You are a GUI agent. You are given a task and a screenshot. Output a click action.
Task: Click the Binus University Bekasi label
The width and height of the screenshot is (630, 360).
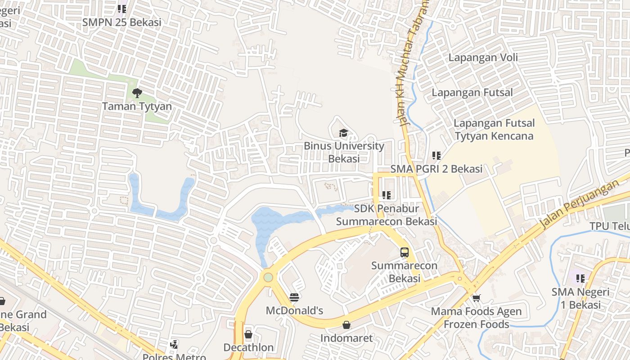coord(344,152)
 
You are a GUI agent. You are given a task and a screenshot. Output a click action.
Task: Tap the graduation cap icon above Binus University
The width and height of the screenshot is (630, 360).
coord(344,133)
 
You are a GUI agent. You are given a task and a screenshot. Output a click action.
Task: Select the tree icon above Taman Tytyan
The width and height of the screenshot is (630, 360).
coord(137,93)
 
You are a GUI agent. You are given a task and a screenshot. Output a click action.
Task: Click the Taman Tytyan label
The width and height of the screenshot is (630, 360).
coord(137,107)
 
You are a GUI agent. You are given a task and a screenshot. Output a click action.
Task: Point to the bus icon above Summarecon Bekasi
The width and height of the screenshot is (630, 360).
coord(405,252)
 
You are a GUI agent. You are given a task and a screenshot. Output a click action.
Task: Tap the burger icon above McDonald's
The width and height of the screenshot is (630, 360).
coord(294,297)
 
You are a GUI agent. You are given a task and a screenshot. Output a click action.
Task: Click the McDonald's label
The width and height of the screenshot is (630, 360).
coord(294,310)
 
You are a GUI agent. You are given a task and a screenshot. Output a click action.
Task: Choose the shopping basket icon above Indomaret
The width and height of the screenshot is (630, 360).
coord(346,325)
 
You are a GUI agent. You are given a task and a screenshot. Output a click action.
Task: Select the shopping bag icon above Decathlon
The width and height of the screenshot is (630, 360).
coord(248,334)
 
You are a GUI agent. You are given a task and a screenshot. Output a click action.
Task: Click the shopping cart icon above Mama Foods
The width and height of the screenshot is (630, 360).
coord(477,298)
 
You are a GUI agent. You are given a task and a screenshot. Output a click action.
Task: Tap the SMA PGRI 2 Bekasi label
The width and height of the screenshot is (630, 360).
coord(436,169)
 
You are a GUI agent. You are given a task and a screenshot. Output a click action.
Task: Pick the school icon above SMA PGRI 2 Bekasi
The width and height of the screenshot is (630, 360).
coord(436,156)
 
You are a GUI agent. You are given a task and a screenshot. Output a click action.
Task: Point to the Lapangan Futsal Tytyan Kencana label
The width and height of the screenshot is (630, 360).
coord(494,130)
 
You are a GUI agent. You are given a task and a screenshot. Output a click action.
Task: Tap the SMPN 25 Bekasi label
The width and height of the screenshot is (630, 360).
coord(121,22)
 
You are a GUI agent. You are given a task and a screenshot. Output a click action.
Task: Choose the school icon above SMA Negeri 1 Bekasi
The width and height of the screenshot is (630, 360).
coord(580,279)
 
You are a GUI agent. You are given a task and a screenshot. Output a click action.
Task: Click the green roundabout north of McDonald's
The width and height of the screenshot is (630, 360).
coord(268,277)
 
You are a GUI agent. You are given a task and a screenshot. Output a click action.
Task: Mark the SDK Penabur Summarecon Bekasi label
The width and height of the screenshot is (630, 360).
coord(387,215)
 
